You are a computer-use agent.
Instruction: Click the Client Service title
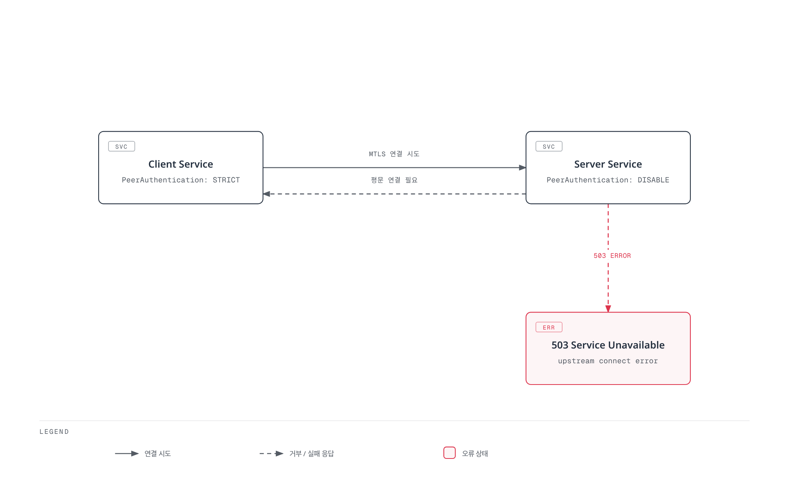pyautogui.click(x=181, y=164)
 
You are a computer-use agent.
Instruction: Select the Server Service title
pyautogui.click(x=608, y=164)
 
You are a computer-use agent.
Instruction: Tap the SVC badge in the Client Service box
pyautogui.click(x=121, y=146)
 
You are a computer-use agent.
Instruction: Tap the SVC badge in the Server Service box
pyautogui.click(x=549, y=146)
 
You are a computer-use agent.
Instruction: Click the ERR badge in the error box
pyautogui.click(x=549, y=327)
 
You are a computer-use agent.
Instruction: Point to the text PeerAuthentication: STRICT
pyautogui.click(x=181, y=180)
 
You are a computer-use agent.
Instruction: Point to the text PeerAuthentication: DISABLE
pyautogui.click(x=608, y=180)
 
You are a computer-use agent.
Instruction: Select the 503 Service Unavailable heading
pyautogui.click(x=608, y=345)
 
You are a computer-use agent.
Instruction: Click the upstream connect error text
pyautogui.click(x=608, y=361)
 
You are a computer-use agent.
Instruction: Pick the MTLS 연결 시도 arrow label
pyautogui.click(x=394, y=154)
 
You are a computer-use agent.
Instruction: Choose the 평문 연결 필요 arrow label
pyautogui.click(x=394, y=180)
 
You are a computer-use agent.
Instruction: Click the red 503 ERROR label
pyautogui.click(x=612, y=256)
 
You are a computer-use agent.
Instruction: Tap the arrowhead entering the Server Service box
pyautogui.click(x=522, y=168)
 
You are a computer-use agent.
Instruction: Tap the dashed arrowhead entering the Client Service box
pyautogui.click(x=266, y=194)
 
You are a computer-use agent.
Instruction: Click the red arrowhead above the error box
pyautogui.click(x=608, y=309)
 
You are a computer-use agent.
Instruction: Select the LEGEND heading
pyautogui.click(x=54, y=432)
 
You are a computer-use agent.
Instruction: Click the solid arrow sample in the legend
pyautogui.click(x=127, y=454)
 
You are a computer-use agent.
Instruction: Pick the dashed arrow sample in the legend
pyautogui.click(x=272, y=454)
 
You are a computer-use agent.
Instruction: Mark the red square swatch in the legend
pyautogui.click(x=450, y=453)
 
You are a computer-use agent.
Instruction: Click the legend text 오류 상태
pyautogui.click(x=475, y=454)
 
